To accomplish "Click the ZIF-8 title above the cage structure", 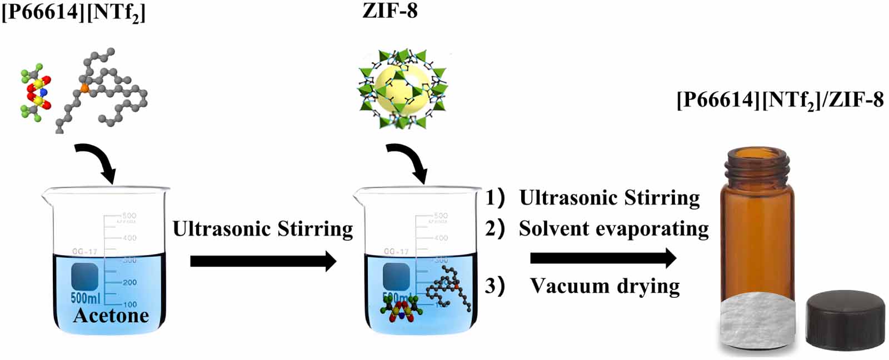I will tap(389, 11).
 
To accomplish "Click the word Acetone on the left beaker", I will tap(111, 316).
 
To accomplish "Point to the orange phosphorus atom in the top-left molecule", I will tap(84, 87).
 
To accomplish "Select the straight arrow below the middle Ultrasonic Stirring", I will tap(263, 261).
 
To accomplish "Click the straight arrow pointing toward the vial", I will tap(603, 258).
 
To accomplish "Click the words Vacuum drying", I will tap(605, 286).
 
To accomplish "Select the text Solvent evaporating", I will tap(613, 228).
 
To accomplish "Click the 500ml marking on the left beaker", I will tap(85, 298).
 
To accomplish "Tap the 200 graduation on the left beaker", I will tap(129, 282).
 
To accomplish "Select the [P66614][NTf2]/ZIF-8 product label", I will tap(780, 100).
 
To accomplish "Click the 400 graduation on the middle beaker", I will tap(441, 238).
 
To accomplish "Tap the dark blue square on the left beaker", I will tap(84, 276).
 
